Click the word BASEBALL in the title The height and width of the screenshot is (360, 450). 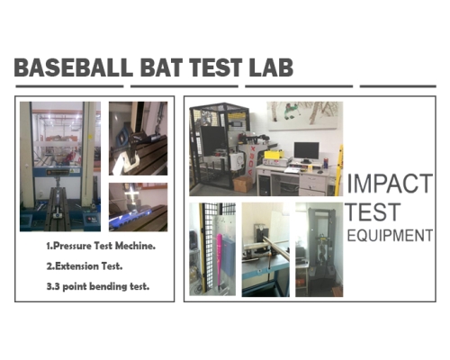74,67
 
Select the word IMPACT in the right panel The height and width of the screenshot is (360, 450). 390,184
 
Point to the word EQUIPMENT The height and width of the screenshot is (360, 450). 390,236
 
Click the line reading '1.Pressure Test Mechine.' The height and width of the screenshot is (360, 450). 101,246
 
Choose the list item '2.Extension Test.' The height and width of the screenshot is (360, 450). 85,266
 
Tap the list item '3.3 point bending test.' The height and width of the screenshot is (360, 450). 98,286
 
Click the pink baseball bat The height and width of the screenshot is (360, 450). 220,259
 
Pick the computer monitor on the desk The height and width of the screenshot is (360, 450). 306,152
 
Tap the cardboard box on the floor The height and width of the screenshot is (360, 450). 242,184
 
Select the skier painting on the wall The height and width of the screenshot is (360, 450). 305,115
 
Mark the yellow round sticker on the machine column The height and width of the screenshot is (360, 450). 90,137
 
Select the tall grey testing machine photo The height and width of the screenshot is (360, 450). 319,249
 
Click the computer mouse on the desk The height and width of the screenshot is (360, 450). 320,172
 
